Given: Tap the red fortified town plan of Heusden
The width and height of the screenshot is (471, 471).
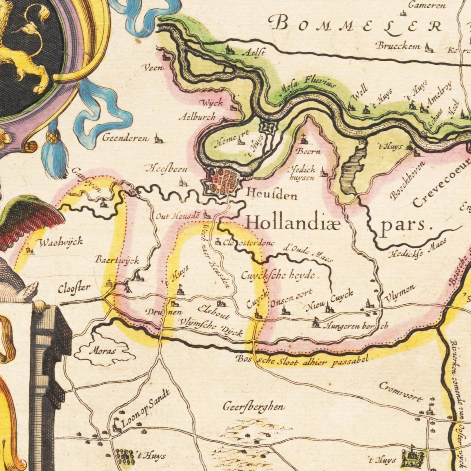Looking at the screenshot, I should click(224, 180).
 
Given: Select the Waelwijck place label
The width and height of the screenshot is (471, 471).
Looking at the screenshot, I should click(61, 242).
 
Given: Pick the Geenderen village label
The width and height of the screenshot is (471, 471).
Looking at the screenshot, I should click(125, 138).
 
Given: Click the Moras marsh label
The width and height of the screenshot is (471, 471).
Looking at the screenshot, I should click(102, 351).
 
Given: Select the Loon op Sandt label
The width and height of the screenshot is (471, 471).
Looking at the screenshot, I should click(145, 408).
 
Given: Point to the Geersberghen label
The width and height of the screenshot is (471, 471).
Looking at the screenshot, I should click(254, 407).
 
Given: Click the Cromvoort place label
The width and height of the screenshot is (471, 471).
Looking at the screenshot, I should click(401, 391).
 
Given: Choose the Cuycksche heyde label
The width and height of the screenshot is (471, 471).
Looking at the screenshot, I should click(278, 276).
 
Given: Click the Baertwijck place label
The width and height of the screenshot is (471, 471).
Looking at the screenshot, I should click(117, 260).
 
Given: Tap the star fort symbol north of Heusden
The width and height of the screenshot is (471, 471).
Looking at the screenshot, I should click(267, 126).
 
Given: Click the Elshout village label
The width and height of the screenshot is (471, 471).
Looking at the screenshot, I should click(214, 312).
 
